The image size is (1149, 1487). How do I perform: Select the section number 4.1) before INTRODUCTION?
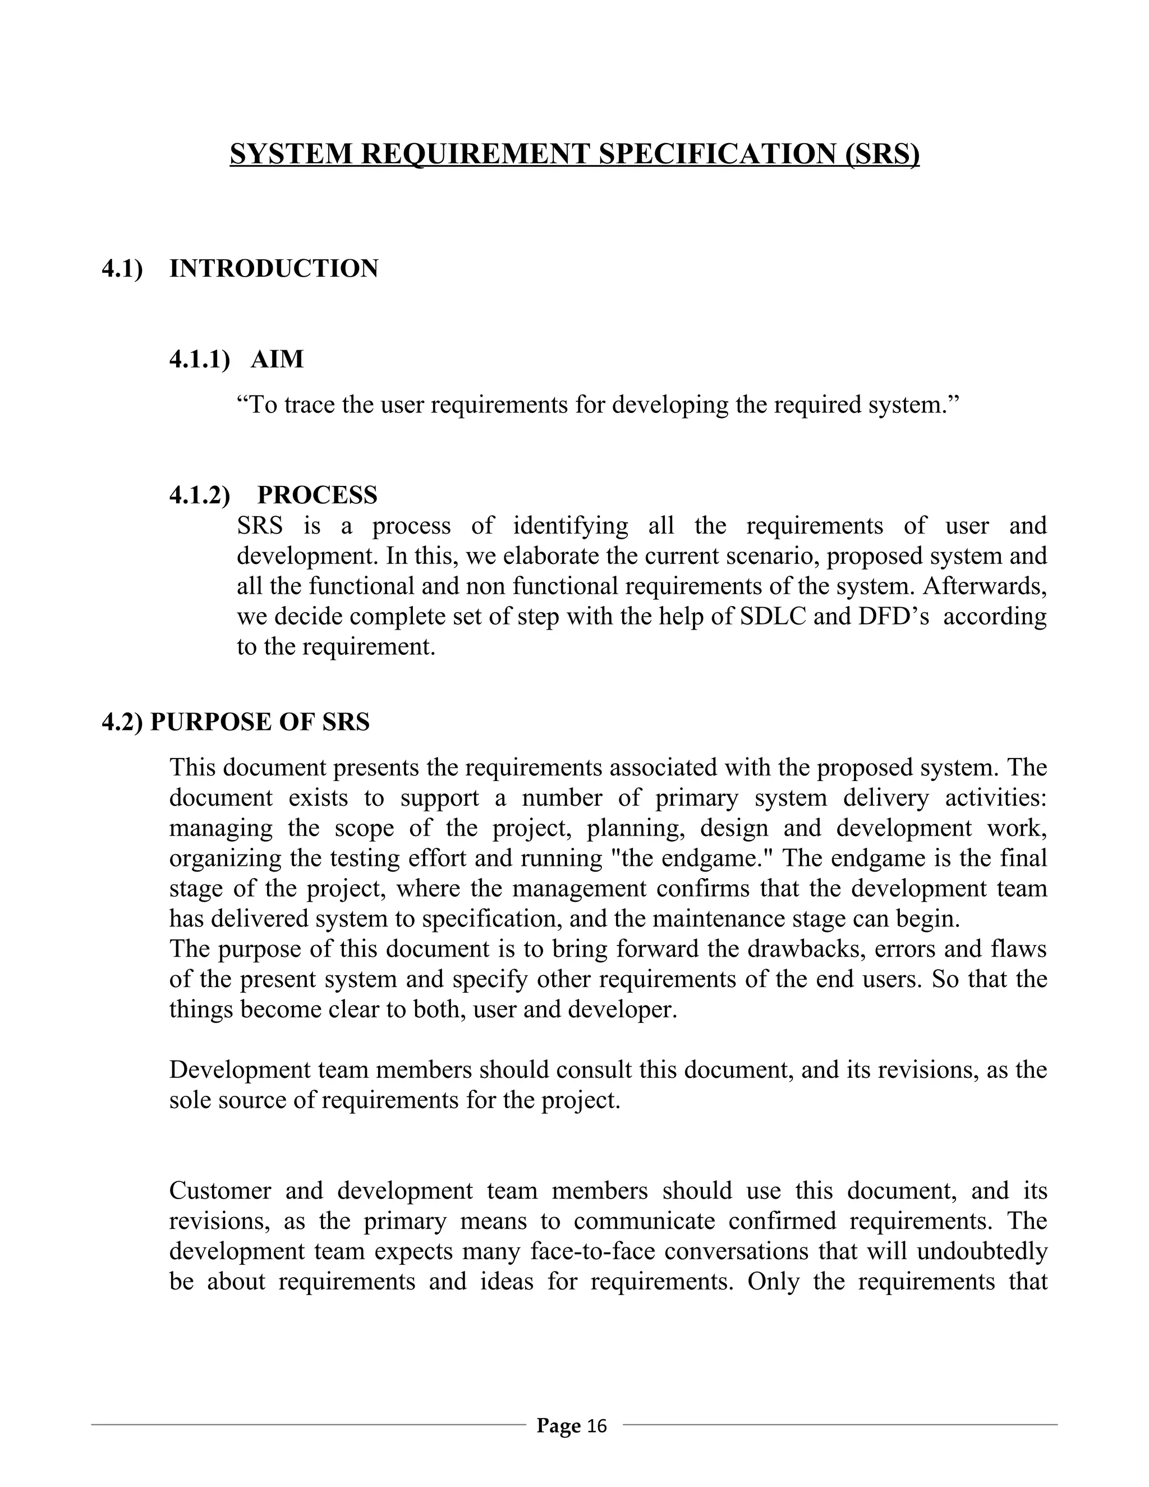122,269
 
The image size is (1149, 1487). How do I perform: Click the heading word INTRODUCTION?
274,269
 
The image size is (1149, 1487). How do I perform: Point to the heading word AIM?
277,359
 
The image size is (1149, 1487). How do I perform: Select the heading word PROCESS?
317,495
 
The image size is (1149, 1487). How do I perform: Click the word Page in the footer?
558,1426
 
